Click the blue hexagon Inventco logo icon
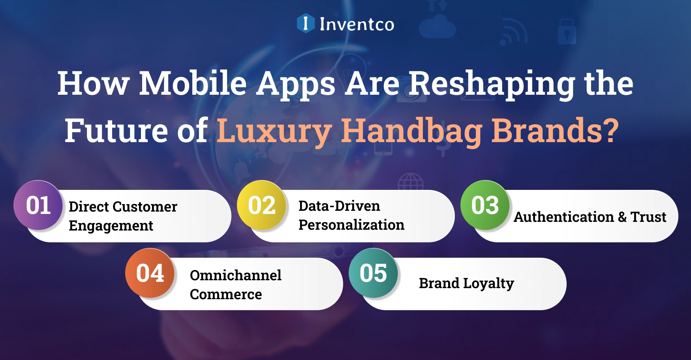[305, 23]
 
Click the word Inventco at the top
[357, 24]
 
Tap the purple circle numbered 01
[38, 205]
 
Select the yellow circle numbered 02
[262, 205]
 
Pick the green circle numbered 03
[485, 205]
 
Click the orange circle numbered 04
[150, 273]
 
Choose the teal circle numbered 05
[374, 273]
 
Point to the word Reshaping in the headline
[492, 84]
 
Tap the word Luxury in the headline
[274, 131]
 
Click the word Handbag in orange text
[412, 131]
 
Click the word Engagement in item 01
[111, 226]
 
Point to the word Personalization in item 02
[351, 225]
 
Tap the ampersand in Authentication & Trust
[622, 217]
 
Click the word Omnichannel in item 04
[236, 275]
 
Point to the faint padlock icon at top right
[567, 32]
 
